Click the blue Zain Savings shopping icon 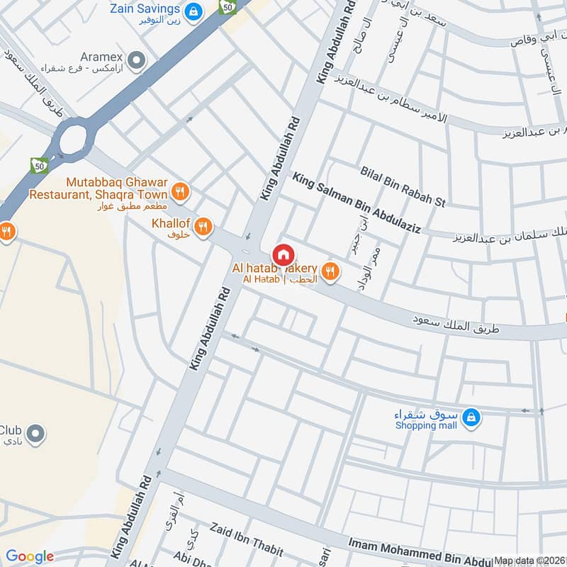[x=192, y=11]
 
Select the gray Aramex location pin [x=136, y=60]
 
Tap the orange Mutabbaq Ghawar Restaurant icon [x=181, y=191]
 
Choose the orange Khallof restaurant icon [x=203, y=226]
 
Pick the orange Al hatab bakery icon [x=329, y=270]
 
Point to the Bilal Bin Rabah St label [x=402, y=186]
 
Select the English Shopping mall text [x=425, y=426]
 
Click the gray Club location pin [x=37, y=432]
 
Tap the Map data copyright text [x=529, y=560]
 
